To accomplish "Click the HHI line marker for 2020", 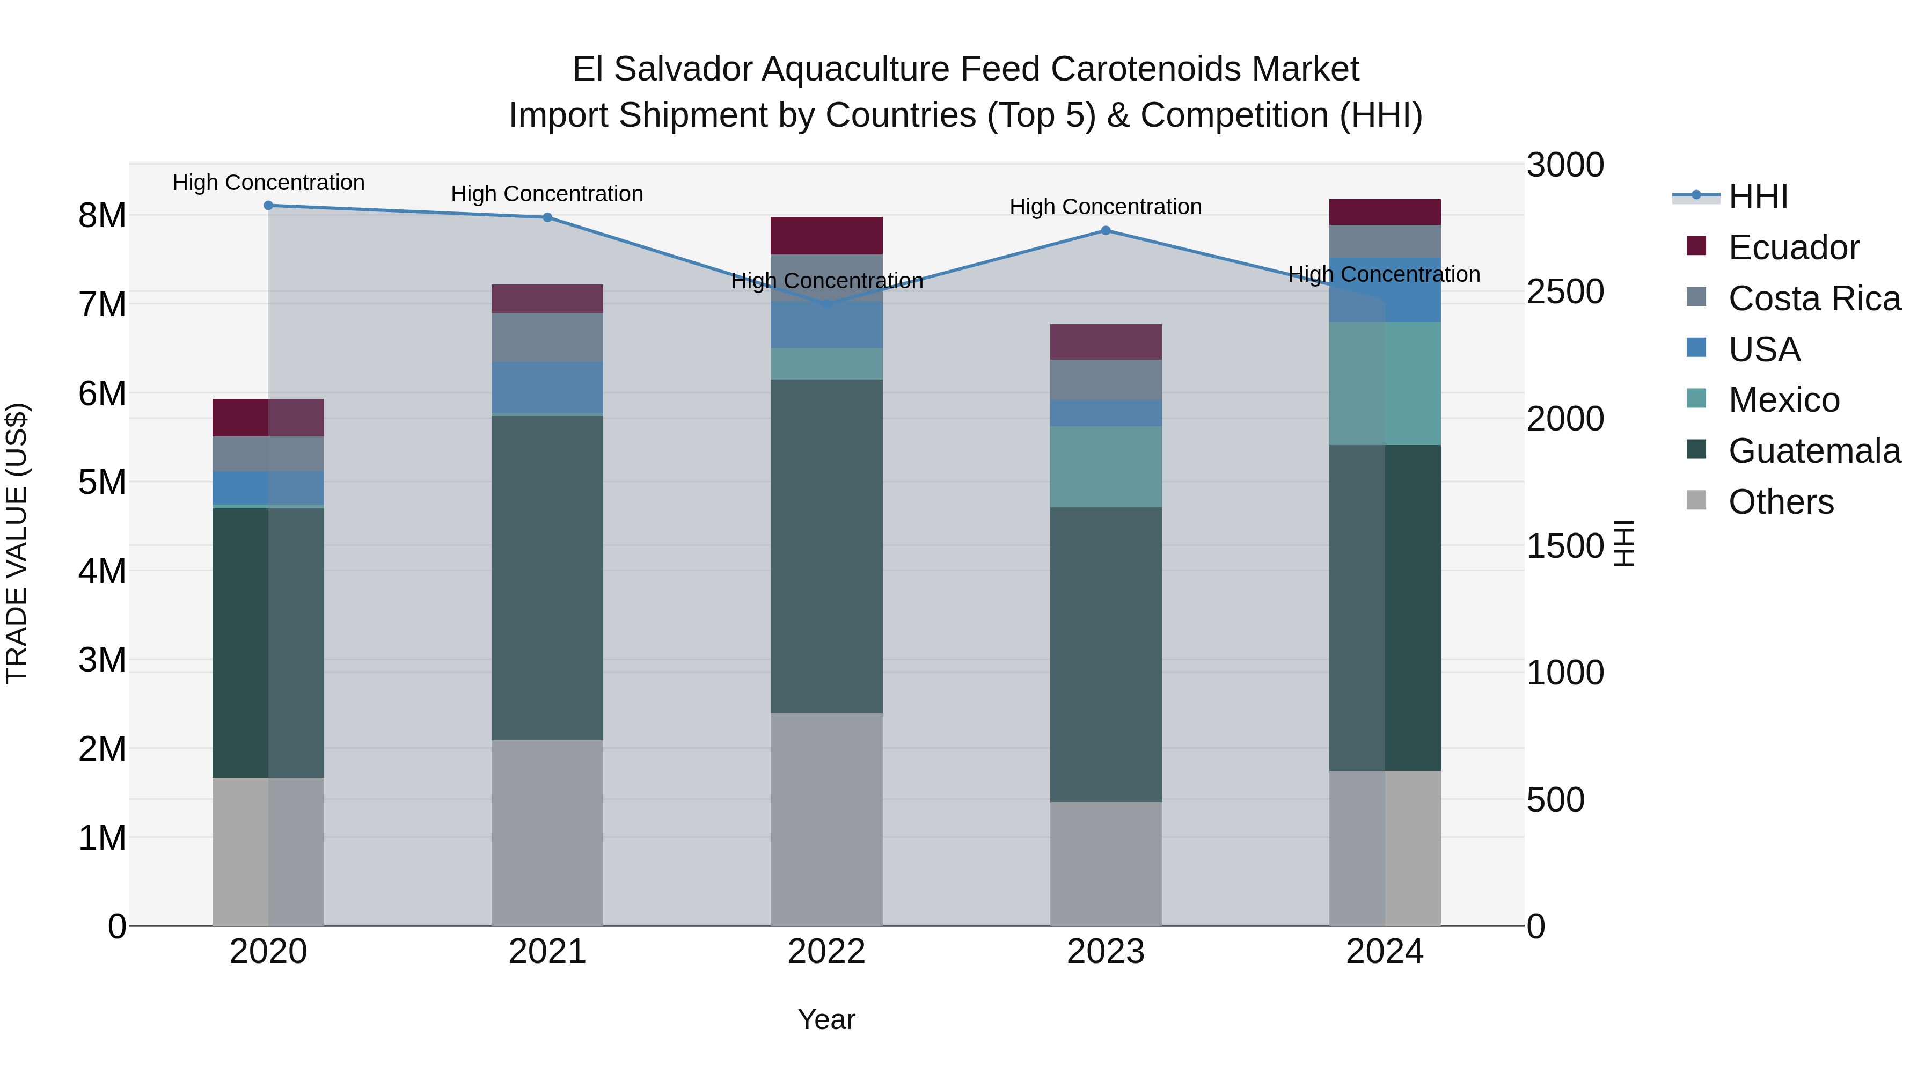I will [x=268, y=206].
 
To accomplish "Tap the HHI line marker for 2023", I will [x=1106, y=230].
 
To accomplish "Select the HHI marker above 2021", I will [x=547, y=217].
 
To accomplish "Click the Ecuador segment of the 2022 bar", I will [x=826, y=236].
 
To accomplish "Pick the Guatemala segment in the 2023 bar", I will [x=1106, y=654].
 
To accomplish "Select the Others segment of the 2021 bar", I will [x=547, y=833].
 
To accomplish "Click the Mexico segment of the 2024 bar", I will [x=1385, y=383].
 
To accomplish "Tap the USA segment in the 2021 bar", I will [x=547, y=388].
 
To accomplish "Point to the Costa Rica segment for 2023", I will [x=1106, y=380].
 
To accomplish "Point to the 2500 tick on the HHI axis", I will [x=1564, y=292].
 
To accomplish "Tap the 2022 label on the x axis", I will [x=826, y=952].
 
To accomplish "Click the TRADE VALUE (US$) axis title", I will [x=17, y=543].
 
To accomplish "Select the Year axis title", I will [x=826, y=1019].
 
